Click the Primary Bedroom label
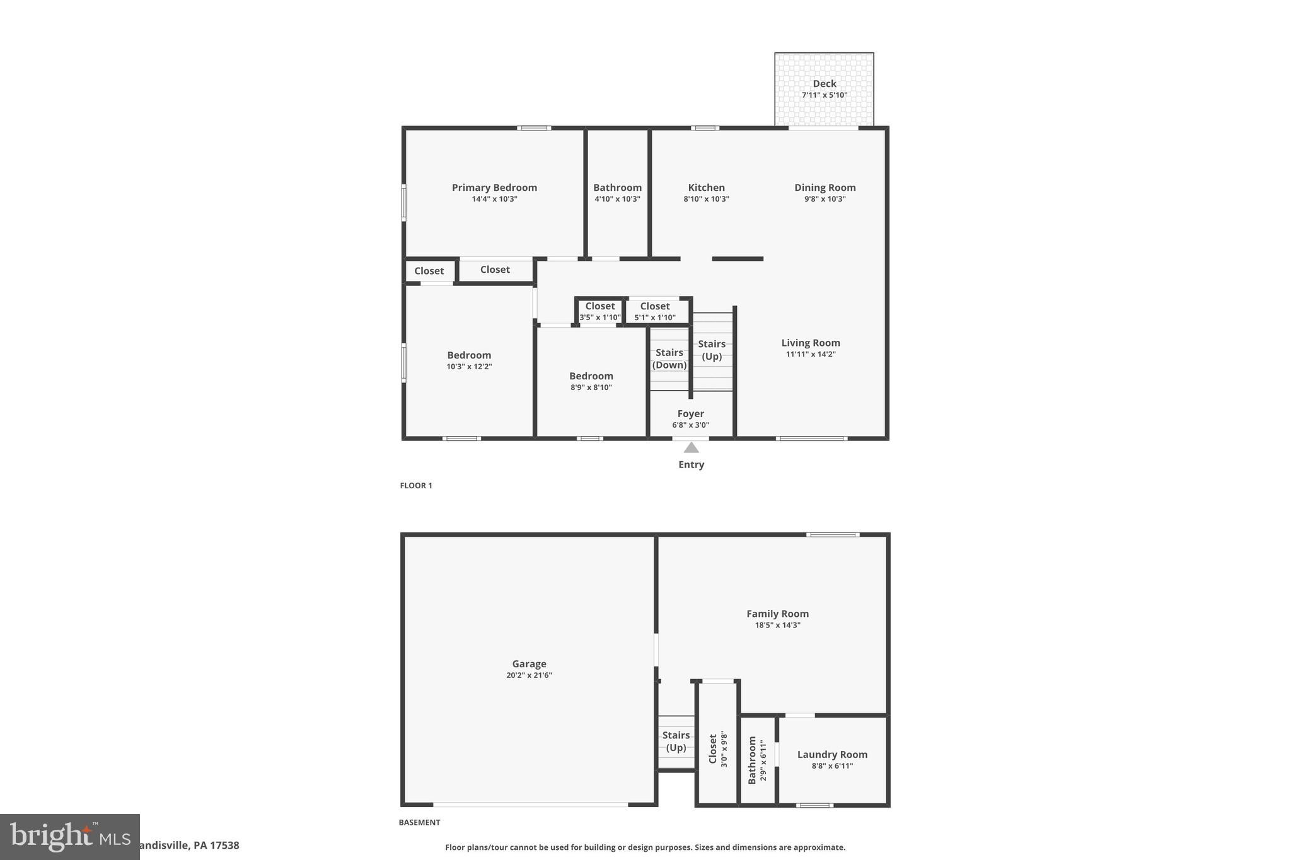[x=494, y=188]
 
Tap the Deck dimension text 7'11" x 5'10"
[x=824, y=95]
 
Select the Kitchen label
[x=706, y=188]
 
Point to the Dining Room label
[x=825, y=188]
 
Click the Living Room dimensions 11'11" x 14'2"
[x=811, y=354]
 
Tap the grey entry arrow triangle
[x=691, y=447]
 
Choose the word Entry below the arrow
[x=691, y=464]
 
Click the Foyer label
[x=690, y=414]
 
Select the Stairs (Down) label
[x=669, y=358]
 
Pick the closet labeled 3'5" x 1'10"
[x=599, y=311]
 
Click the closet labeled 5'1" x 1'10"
[x=654, y=311]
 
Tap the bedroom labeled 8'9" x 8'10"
[x=591, y=381]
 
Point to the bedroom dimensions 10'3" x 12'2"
[x=469, y=367]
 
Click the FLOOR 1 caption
[x=416, y=486]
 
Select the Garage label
[x=529, y=664]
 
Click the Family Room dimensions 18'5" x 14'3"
[x=777, y=625]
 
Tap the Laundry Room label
[x=832, y=755]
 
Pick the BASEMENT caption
[x=419, y=822]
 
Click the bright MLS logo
[x=70, y=837]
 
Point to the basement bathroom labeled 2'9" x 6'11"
[x=757, y=760]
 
